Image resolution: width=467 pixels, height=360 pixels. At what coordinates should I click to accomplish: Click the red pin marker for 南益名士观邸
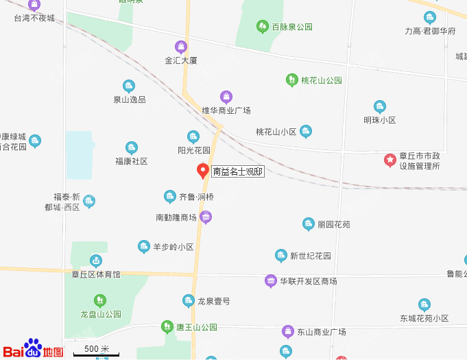tap(203, 170)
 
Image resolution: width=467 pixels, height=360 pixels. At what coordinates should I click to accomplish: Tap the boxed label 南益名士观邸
tap(237, 171)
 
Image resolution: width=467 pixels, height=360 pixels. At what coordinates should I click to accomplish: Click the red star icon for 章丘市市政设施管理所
tap(390, 160)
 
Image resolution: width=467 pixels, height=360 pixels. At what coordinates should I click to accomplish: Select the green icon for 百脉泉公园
tap(262, 27)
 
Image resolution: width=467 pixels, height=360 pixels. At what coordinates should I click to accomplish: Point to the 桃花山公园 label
tap(321, 80)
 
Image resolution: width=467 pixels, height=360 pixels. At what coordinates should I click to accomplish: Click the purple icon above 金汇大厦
tap(181, 47)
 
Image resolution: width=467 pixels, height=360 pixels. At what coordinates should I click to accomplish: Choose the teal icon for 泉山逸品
tap(128, 86)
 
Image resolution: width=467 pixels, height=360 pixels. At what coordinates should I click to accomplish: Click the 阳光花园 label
tap(193, 149)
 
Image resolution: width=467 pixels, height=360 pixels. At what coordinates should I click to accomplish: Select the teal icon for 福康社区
tap(131, 147)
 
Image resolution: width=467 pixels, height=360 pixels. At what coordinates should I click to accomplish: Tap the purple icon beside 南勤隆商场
tap(206, 217)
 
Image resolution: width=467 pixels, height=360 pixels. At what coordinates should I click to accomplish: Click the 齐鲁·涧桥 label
tap(196, 197)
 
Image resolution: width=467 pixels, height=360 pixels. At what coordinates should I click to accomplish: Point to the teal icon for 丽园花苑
tap(309, 224)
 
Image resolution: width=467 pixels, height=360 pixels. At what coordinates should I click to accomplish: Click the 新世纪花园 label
tap(310, 256)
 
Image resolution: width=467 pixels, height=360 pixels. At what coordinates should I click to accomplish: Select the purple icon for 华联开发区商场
tap(271, 280)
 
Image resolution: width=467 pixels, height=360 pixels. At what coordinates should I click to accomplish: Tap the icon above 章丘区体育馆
tap(96, 261)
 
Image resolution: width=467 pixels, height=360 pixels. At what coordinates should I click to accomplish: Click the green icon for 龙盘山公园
tap(100, 300)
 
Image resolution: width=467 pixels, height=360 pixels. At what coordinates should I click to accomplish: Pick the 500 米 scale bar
tap(91, 350)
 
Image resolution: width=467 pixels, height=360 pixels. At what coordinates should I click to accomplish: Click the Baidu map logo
tap(33, 349)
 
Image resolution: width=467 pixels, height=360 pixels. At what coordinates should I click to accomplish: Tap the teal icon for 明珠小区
tap(380, 106)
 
